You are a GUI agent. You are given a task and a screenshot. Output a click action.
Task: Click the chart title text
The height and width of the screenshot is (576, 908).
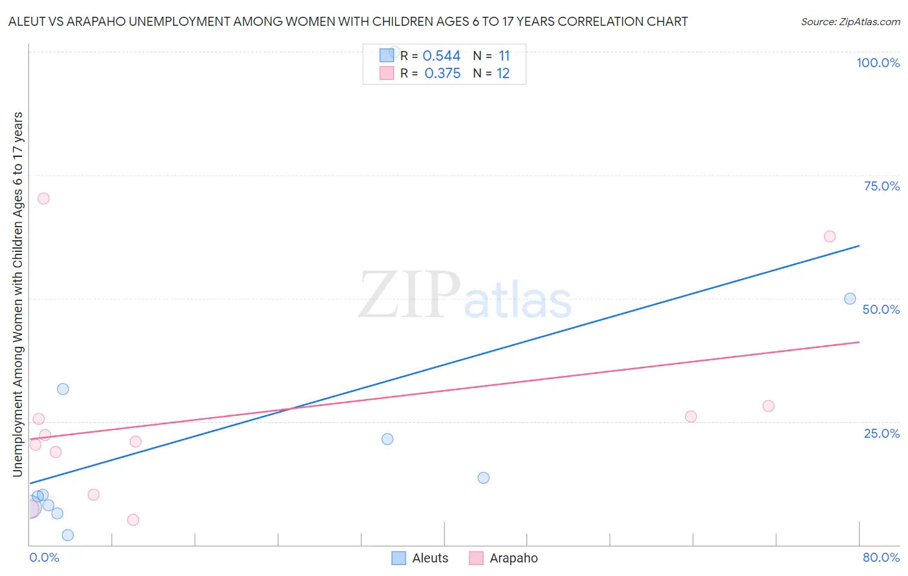[x=348, y=21]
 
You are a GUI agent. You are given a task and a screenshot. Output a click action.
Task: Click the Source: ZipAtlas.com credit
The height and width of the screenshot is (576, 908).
[x=850, y=22]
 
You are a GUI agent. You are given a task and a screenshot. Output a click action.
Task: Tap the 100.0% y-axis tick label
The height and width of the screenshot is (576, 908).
[x=878, y=63]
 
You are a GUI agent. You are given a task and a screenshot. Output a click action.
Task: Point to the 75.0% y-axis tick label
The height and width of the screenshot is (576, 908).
[x=882, y=186]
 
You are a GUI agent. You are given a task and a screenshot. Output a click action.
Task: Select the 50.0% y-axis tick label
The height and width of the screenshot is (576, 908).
[x=881, y=309]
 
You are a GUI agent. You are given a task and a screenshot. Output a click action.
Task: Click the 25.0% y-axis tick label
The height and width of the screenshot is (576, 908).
[x=882, y=433]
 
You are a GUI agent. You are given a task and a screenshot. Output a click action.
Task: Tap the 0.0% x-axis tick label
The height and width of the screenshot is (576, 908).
[x=45, y=557]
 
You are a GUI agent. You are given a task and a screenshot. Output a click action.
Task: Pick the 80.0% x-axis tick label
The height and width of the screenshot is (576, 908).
[x=881, y=557]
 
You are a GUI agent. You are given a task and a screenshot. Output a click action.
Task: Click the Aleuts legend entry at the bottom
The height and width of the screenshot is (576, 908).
[x=420, y=558]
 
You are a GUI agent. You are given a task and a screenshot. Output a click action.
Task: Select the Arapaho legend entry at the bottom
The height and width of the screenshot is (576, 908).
[x=503, y=558]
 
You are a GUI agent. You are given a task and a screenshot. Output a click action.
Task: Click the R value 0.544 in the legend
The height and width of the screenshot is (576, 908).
[x=441, y=56]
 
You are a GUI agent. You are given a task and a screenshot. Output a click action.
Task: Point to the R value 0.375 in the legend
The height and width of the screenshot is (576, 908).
[x=442, y=74]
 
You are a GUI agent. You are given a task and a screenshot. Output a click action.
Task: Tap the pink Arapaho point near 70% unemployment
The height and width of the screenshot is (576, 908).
[x=43, y=198]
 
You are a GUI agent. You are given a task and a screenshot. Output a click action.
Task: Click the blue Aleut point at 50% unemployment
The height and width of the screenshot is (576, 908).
[x=850, y=299]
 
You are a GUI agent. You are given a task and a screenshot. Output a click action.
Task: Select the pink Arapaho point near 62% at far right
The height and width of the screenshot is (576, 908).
[x=830, y=236]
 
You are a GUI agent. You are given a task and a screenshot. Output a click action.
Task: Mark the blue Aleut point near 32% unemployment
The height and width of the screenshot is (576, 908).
[x=63, y=389]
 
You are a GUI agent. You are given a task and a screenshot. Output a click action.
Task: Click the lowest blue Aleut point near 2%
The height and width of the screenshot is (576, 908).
[x=68, y=535]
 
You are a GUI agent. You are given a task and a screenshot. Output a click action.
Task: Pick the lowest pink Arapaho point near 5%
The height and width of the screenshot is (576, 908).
[x=133, y=520]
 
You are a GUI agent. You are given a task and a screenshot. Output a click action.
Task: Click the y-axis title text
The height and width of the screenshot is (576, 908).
[x=17, y=294]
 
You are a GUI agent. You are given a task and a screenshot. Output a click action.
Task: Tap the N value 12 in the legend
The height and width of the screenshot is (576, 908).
[x=503, y=74]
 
